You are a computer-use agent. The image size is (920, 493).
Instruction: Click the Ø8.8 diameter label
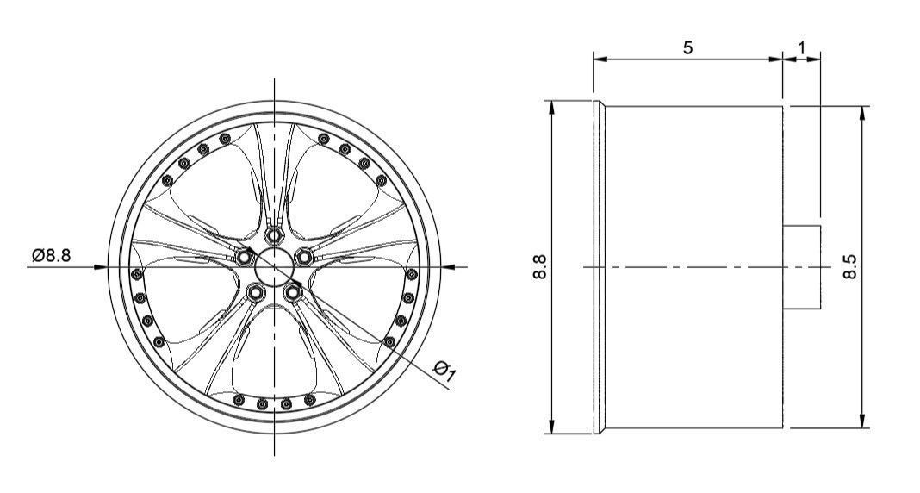pos(53,255)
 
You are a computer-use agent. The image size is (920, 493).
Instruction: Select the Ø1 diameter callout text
pos(445,371)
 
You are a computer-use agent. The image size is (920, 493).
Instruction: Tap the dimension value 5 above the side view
pos(687,47)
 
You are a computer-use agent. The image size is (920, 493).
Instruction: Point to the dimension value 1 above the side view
pos(802,47)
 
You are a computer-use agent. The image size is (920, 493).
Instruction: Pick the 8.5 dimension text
pos(850,267)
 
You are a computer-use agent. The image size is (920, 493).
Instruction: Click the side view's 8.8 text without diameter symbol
pos(540,267)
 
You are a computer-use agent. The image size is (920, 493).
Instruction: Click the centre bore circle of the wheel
pos(274,263)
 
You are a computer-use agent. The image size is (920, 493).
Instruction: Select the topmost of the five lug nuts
pos(275,234)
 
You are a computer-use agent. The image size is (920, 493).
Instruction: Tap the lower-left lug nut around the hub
pos(255,292)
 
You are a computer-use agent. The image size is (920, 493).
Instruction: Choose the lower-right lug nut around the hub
pos(294,292)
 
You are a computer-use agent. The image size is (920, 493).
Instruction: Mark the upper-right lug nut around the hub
pos(304,256)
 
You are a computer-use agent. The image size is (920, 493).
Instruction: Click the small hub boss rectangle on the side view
pos(802,267)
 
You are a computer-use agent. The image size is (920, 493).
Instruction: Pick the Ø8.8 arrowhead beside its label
pos(101,266)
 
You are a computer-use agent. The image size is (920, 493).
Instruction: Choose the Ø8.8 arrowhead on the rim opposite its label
pos(448,266)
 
